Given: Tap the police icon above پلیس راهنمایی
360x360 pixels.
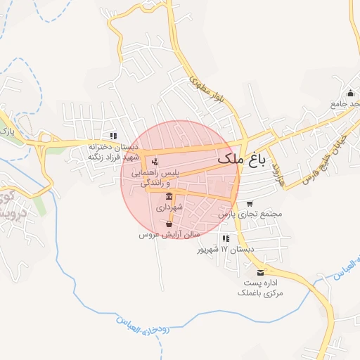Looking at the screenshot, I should point(155,162).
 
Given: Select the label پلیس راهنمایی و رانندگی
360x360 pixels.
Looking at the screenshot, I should point(160,177).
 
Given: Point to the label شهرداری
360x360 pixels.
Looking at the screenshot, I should point(169,208).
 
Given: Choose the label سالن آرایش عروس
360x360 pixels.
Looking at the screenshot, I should point(169,234).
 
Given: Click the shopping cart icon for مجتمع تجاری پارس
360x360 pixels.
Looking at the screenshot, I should point(250,203).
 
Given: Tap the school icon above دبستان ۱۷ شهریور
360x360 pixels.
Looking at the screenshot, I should point(225,238).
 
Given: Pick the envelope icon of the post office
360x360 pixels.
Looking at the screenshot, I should point(261,272).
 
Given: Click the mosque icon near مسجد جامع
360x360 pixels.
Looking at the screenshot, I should point(349,94).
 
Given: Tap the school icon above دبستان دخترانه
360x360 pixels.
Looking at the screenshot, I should point(112,136).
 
